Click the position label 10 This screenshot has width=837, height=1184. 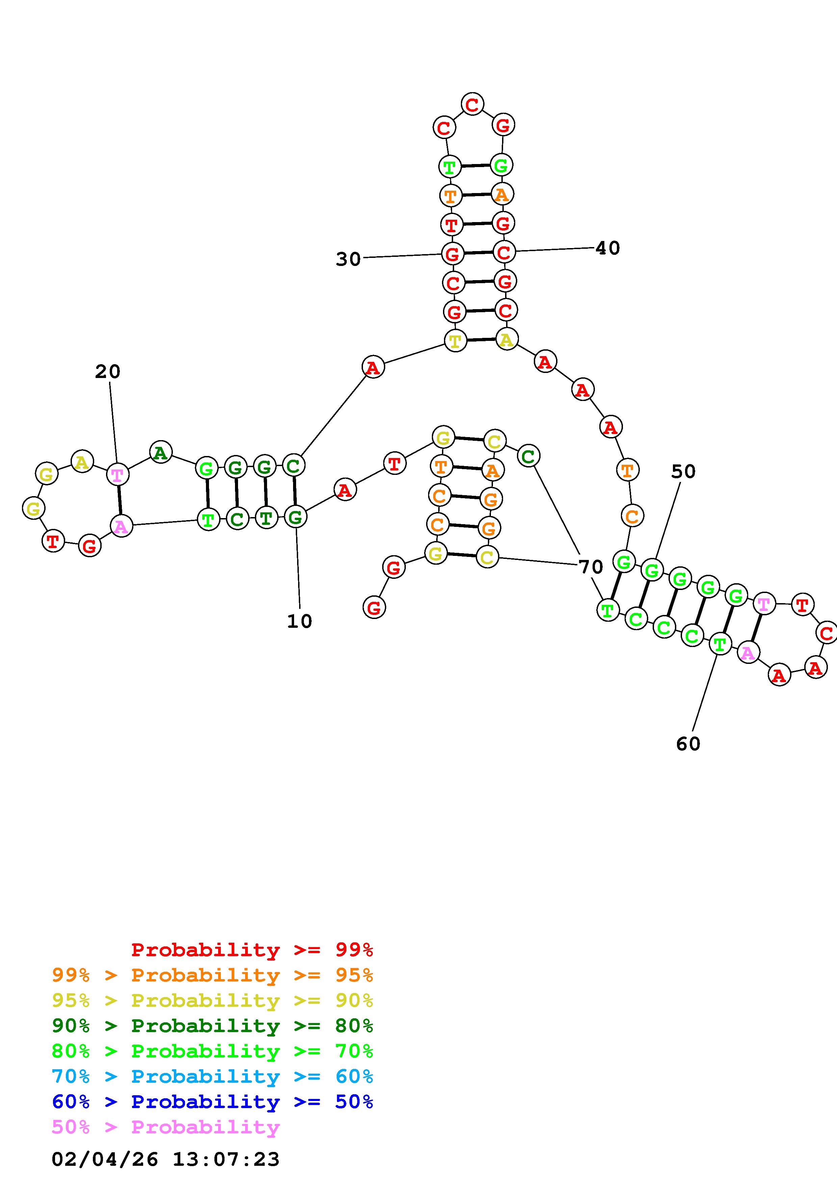(x=299, y=621)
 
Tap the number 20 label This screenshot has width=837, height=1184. (x=107, y=371)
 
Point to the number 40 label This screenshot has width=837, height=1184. (x=607, y=248)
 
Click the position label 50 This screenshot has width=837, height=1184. (x=683, y=471)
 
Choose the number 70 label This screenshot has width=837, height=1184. (x=591, y=567)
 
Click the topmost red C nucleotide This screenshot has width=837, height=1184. (x=472, y=104)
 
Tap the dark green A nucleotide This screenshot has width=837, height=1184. (x=160, y=452)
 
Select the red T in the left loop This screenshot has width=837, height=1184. (x=53, y=541)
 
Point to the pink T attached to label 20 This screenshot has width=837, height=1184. (x=117, y=475)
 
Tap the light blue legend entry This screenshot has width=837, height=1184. (x=212, y=1076)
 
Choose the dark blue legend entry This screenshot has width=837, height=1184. (x=212, y=1102)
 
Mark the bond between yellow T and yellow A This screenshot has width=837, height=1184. (x=481, y=340)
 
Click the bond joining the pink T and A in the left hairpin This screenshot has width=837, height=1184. (x=119, y=500)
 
